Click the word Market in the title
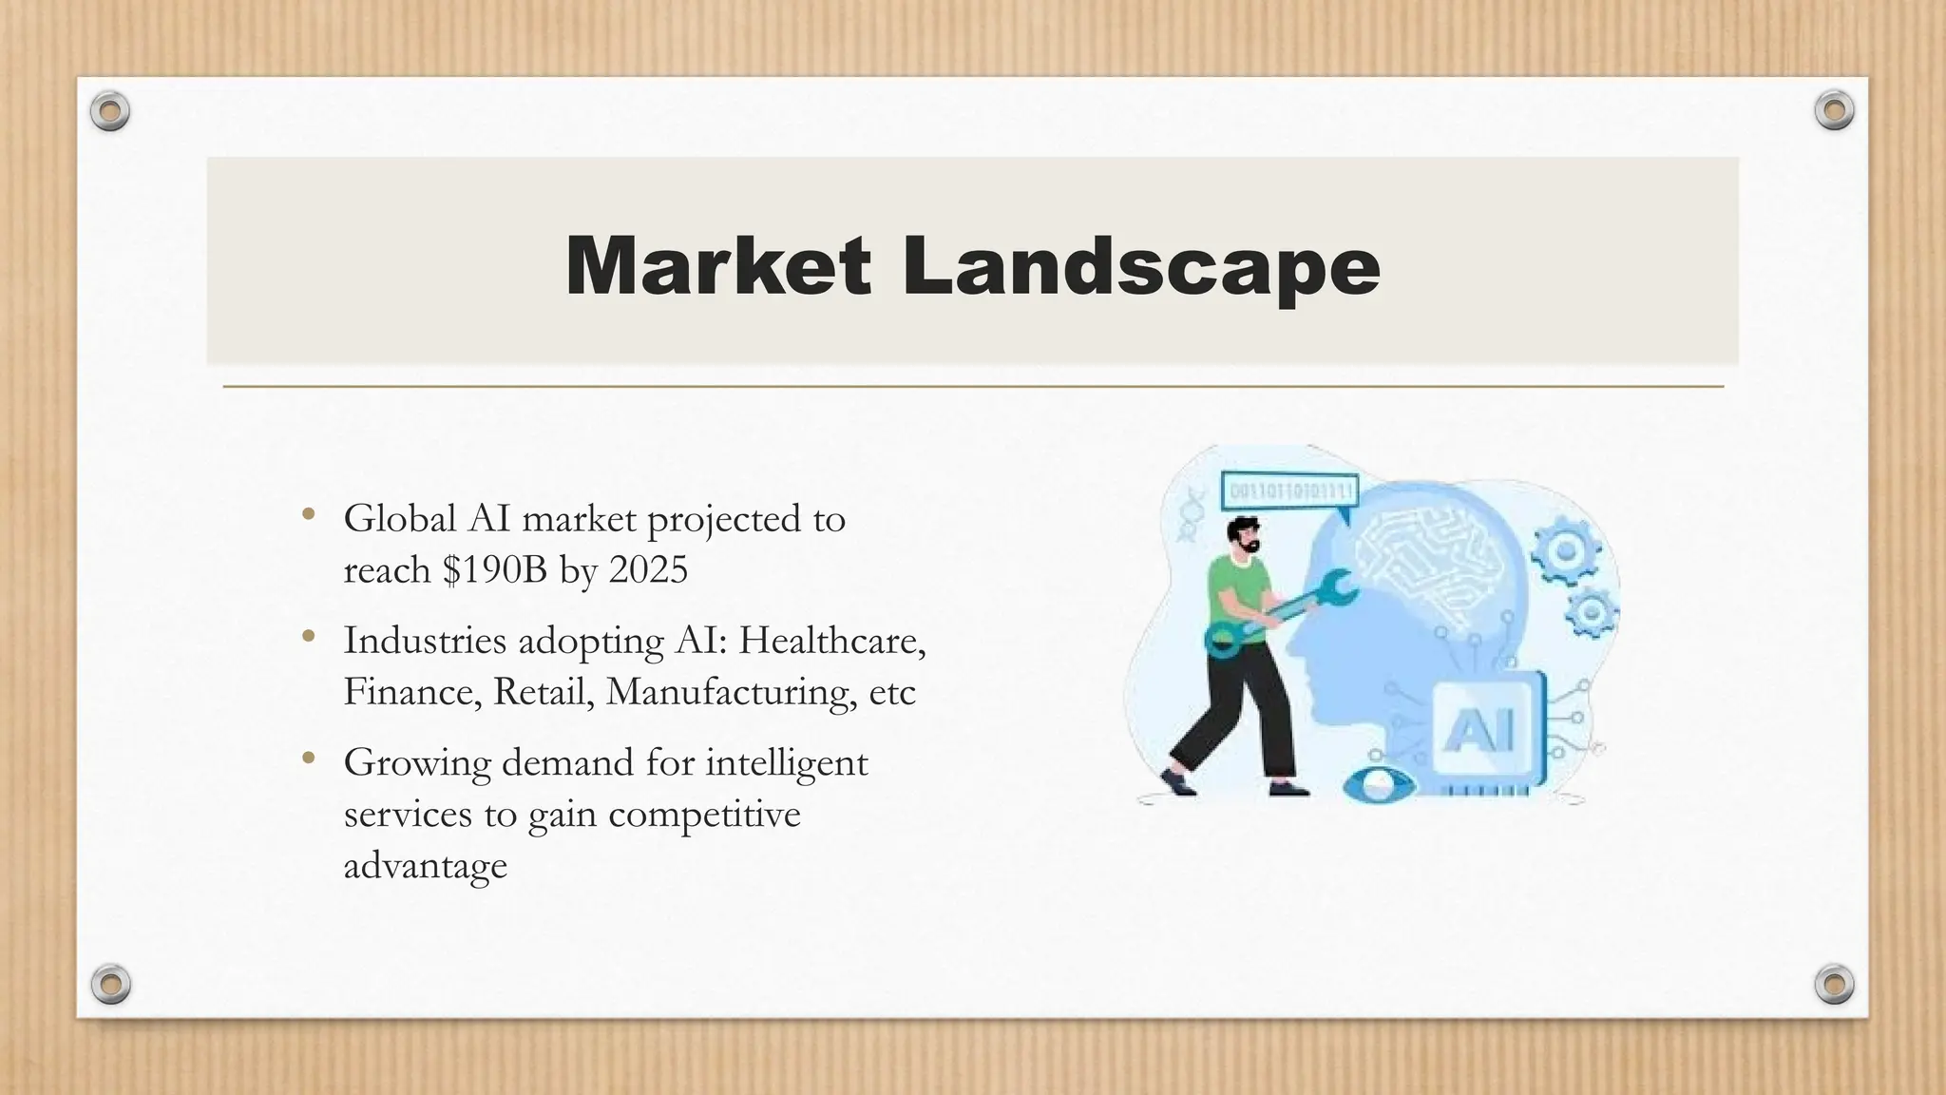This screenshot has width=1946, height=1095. pyautogui.click(x=717, y=267)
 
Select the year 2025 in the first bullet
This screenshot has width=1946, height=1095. pyautogui.click(x=648, y=569)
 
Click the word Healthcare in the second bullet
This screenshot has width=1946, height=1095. pyautogui.click(x=830, y=640)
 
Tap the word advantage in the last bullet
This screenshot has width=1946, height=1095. pyautogui.click(x=425, y=865)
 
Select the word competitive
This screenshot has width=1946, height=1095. pyautogui.click(x=704, y=814)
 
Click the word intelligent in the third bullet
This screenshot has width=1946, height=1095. pyautogui.click(x=786, y=762)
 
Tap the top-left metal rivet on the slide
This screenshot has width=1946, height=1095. pyautogui.click(x=109, y=112)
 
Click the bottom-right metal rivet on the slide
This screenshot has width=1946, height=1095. pyautogui.click(x=1834, y=983)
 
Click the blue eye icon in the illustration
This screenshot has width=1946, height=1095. pyautogui.click(x=1379, y=785)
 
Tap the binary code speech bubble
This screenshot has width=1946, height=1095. pyautogui.click(x=1290, y=492)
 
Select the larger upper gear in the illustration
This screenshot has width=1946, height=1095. pyautogui.click(x=1564, y=551)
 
